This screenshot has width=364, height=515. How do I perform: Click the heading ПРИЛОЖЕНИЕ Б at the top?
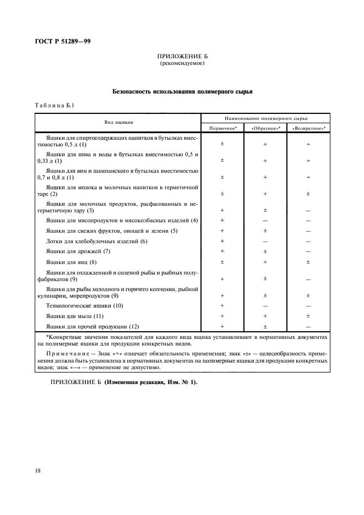pos(182,57)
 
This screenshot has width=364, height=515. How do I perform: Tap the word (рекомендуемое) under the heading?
pos(182,63)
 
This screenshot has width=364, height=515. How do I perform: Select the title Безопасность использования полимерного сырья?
pos(182,92)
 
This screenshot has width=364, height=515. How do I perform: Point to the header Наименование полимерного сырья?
pos(266,118)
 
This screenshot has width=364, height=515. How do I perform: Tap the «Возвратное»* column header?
pos(308,128)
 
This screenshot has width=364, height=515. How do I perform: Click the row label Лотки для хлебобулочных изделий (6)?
pos(97,241)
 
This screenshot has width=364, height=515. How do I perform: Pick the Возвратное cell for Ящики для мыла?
pos(308,316)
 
